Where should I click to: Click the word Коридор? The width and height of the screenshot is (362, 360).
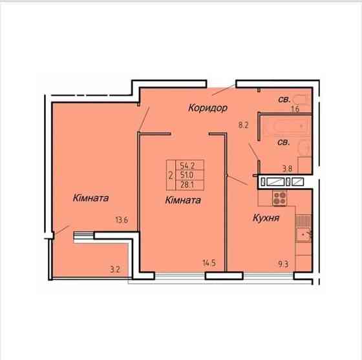coord(208,108)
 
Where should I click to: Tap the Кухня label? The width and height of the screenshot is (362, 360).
coord(266,218)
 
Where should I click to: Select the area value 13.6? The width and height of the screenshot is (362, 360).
coord(122,220)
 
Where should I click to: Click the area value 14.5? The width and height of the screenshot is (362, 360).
coord(209,263)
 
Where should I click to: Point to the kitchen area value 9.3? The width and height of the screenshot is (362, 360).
coord(283,264)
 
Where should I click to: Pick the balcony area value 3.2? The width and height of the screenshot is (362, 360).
coord(115,270)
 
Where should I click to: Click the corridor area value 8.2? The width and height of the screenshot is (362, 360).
coord(243,125)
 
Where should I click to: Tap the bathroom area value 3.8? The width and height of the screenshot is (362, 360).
coord(288,169)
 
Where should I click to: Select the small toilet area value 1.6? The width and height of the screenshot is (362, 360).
coord(295,109)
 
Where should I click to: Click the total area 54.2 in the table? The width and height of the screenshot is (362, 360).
coord(187,165)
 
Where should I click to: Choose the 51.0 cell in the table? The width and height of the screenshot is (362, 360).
coord(187,175)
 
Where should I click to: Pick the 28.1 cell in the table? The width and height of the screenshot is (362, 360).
coord(187,185)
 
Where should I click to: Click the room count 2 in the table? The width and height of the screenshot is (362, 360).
coord(171,176)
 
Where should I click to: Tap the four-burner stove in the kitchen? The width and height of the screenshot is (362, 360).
coord(279,198)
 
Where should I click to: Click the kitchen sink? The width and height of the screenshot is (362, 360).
coord(303,235)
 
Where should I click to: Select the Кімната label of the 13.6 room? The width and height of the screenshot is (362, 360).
coord(90,198)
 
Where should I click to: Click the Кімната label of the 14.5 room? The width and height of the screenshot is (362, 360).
coord(183,200)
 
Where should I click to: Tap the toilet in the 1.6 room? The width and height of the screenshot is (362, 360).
coord(300,100)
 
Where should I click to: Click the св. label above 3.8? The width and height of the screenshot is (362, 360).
coord(283,142)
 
